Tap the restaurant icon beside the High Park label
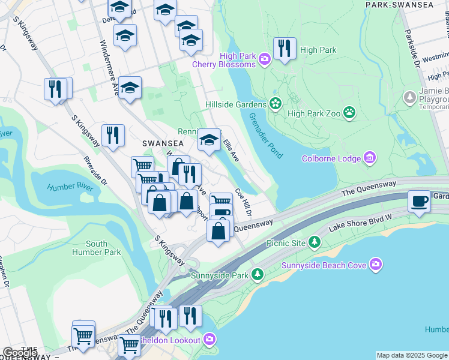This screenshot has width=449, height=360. [x=285, y=49]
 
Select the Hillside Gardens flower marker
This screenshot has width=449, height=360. [x=276, y=104]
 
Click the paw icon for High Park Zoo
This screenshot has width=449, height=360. [x=349, y=112]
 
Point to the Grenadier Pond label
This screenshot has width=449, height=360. [x=265, y=136]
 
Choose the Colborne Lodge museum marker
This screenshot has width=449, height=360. [x=370, y=158]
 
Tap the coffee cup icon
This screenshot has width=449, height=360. [x=419, y=201]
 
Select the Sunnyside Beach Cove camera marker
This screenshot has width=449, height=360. [x=376, y=264]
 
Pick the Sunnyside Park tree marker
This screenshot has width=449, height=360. [x=258, y=275]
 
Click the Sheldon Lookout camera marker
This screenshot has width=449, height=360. [x=209, y=340]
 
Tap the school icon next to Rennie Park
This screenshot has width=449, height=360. [x=209, y=140]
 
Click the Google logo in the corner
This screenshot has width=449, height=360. [x=20, y=352]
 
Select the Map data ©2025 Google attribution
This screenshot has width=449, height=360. [x=411, y=355]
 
